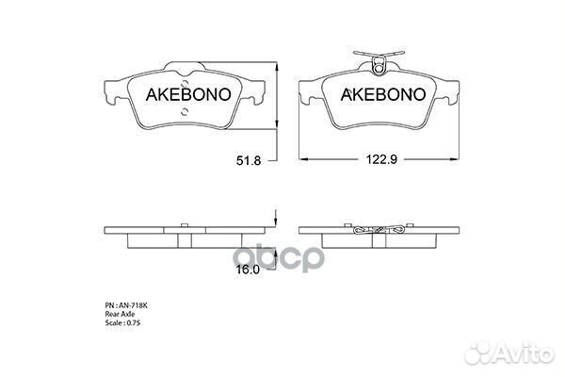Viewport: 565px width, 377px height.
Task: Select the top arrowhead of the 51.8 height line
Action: click(276, 67)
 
